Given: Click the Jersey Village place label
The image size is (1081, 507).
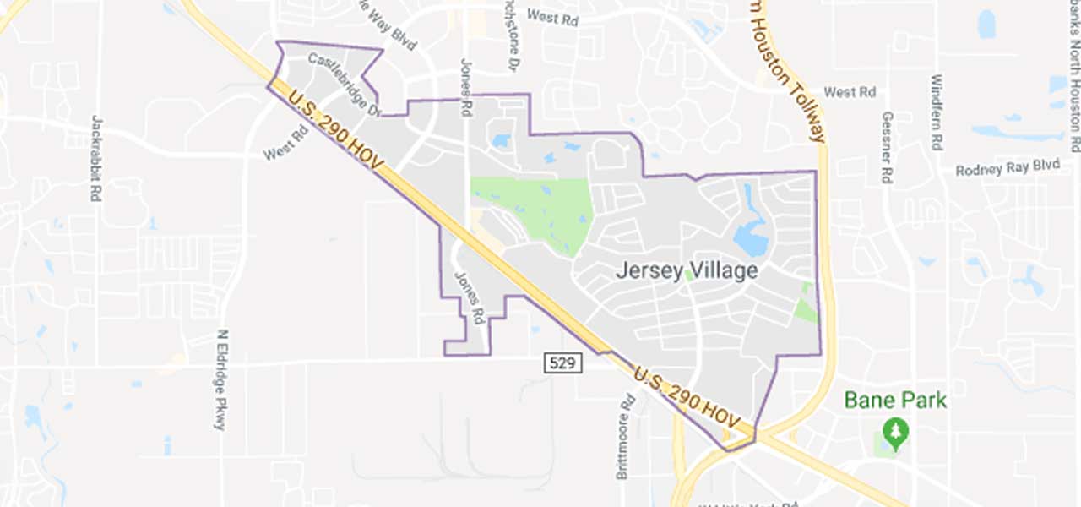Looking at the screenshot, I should [x=686, y=271].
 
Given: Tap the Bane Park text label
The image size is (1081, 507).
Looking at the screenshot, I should [x=895, y=400].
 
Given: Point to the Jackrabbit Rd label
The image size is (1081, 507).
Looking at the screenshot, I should [x=96, y=158].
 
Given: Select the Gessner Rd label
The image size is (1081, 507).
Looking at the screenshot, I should [x=887, y=148].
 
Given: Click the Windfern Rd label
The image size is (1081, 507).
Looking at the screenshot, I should [x=936, y=112].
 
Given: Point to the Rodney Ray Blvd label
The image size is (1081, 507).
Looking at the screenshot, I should [x=1007, y=167].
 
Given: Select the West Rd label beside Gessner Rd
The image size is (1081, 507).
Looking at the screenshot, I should [x=850, y=92].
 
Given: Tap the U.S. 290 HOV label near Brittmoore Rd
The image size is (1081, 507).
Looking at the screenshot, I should [x=686, y=396].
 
